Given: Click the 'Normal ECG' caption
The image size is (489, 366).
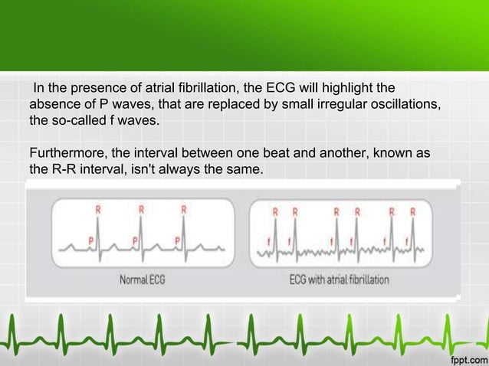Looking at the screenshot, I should pyautogui.click(x=142, y=279).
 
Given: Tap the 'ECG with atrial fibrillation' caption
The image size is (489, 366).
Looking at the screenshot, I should pyautogui.click(x=338, y=279).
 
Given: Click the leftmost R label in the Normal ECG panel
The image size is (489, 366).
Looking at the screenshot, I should pyautogui.click(x=97, y=208).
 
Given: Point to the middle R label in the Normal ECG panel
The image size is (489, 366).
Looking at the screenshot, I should pyautogui.click(x=140, y=208).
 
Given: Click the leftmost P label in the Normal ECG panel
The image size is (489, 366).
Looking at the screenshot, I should pyautogui.click(x=91, y=240).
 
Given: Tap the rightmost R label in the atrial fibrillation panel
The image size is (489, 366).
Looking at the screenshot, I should pyautogui.click(x=413, y=211).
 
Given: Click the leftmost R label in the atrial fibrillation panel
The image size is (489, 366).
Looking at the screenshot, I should pyautogui.click(x=275, y=211).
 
